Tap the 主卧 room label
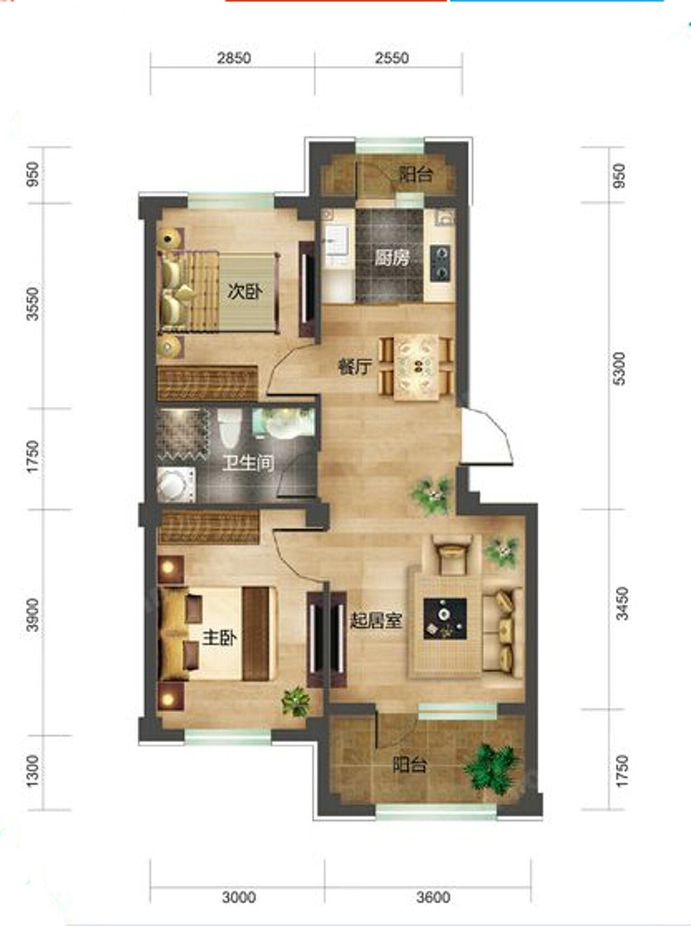tap(220, 638)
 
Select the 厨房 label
tap(392, 258)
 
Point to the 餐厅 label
tap(355, 367)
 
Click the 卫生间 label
tap(248, 462)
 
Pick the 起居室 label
tap(376, 620)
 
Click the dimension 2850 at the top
tap(234, 58)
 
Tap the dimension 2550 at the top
tap(392, 58)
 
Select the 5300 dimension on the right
tap(619, 369)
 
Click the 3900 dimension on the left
tap(33, 615)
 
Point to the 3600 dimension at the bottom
tap(433, 898)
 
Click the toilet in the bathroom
tap(229, 428)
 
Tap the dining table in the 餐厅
tap(417, 367)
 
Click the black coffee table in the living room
tap(445, 619)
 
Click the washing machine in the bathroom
tap(176, 485)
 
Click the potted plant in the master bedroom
tap(296, 702)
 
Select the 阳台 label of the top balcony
tap(416, 175)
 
